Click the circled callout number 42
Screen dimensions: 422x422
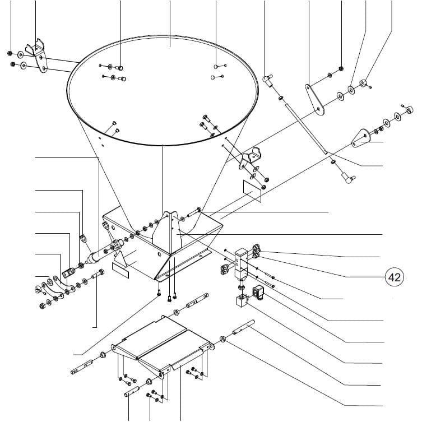pos(395,277)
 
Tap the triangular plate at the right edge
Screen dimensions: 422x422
pos(361,138)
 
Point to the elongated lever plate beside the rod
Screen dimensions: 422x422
pos(314,100)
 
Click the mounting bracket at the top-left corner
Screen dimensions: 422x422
pos(38,55)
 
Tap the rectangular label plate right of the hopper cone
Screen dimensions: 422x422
pos(252,191)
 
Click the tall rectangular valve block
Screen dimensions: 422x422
pos(241,265)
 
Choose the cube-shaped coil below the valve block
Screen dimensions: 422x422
pos(242,300)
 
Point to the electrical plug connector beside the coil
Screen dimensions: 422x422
pos(258,292)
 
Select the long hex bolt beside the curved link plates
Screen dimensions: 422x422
pos(98,274)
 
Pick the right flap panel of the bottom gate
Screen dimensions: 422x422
pos(175,349)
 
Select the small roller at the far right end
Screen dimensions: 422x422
pos(409,109)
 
